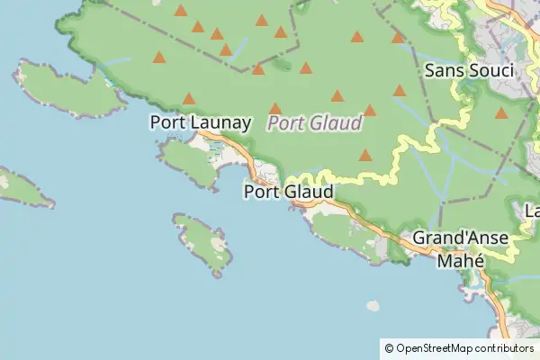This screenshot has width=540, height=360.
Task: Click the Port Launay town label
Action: click(200, 121)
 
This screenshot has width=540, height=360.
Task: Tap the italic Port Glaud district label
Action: click(315, 122)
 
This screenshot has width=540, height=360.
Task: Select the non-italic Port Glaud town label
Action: click(288, 192)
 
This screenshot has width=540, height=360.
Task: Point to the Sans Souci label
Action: click(468, 70)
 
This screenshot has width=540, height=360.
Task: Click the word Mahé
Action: click(460, 260)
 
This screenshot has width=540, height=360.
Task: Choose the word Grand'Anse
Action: click(460, 239)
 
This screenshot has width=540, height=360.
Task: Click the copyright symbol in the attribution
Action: click(389, 347)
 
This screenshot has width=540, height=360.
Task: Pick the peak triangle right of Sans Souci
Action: click(500, 113)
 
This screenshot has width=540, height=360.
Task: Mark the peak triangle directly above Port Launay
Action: click(189, 99)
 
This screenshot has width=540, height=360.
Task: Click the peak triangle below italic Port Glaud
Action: click(365, 155)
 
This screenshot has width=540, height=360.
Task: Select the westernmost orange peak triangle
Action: click(159, 58)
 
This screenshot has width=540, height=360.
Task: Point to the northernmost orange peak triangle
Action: click(181, 11)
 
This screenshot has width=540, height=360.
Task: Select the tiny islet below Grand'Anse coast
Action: click(373, 306)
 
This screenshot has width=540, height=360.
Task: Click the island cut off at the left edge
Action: click(22, 187)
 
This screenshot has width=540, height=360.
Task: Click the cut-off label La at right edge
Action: click(532, 211)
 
